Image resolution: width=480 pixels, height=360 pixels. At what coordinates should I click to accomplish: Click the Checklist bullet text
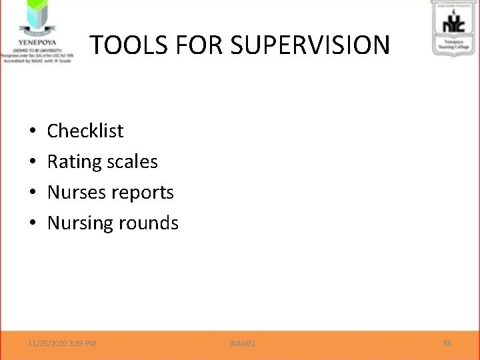85,131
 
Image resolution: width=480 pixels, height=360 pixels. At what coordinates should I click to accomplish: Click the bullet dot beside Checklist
33,131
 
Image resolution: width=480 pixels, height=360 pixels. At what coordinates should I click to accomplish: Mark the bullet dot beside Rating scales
33,162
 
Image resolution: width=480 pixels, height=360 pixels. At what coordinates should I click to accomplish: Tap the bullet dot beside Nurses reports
33,193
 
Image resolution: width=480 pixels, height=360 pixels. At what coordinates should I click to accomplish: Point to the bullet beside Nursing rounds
33,223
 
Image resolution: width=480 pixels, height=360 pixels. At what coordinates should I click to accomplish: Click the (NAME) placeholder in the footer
241,343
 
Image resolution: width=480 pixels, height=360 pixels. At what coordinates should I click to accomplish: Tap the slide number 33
447,343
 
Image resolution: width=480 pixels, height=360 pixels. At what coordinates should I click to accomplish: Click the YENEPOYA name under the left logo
37,39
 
